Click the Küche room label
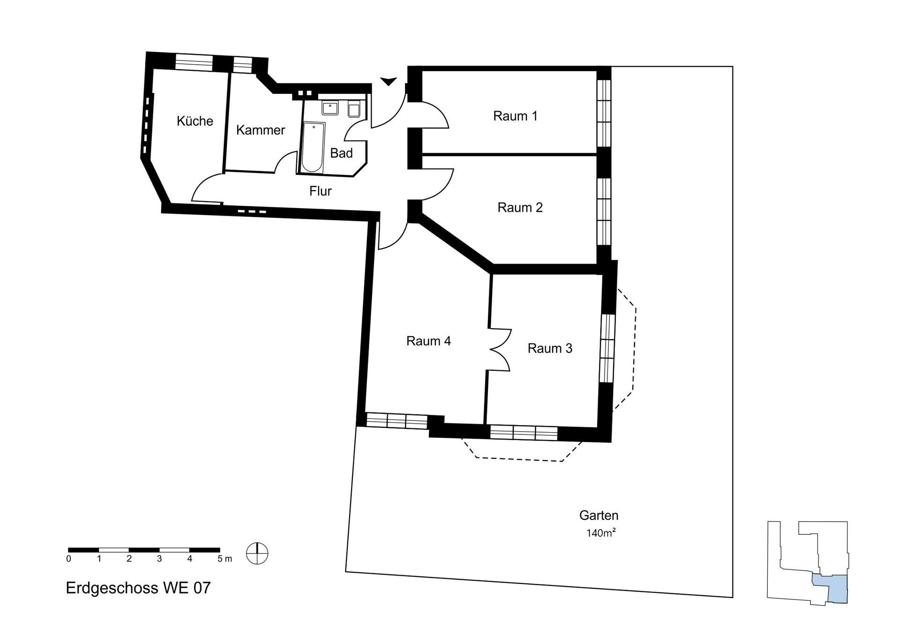pyautogui.click(x=195, y=121)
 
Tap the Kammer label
pyautogui.click(x=260, y=130)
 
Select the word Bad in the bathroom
pyautogui.click(x=341, y=153)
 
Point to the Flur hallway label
pyautogui.click(x=320, y=191)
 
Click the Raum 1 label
pyautogui.click(x=515, y=116)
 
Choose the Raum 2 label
pyautogui.click(x=520, y=207)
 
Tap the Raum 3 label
pyautogui.click(x=550, y=348)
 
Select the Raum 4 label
pyautogui.click(x=428, y=341)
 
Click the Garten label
pyautogui.click(x=599, y=515)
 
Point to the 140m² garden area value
pyautogui.click(x=600, y=532)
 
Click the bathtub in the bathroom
pyautogui.click(x=313, y=147)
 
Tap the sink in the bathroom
pyautogui.click(x=330, y=107)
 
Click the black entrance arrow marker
pyautogui.click(x=388, y=82)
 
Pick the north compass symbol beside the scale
pyautogui.click(x=257, y=553)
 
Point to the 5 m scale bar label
pyautogui.click(x=225, y=559)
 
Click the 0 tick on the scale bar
pyautogui.click(x=69, y=559)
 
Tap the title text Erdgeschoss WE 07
pyautogui.click(x=138, y=588)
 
